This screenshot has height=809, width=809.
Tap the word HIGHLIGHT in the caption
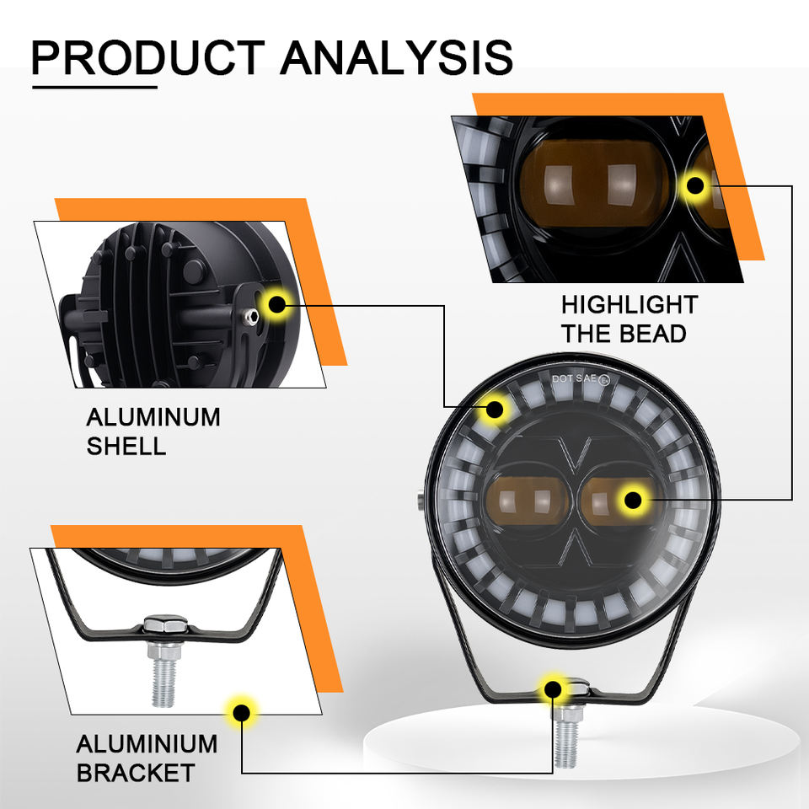coord(630,304)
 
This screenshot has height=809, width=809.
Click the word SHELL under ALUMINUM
coord(126,446)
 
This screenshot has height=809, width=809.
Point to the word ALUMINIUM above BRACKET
coord(147,744)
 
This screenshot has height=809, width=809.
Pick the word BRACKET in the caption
coord(136,772)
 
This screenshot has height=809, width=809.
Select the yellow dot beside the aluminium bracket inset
coord(242,712)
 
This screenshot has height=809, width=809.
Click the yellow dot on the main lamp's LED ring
coord(495,410)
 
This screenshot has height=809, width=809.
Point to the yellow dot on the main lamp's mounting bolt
coord(553,688)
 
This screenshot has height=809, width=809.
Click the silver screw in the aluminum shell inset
coord(249,314)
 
